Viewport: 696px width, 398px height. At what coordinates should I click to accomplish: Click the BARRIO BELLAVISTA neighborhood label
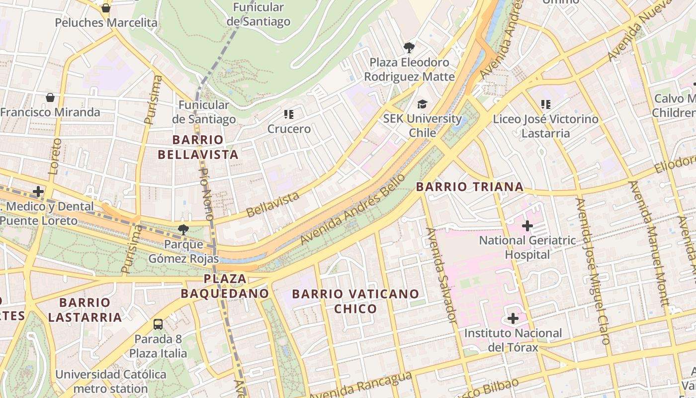pyautogui.click(x=198, y=147)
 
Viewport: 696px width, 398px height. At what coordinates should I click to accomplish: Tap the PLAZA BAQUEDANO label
pyautogui.click(x=225, y=286)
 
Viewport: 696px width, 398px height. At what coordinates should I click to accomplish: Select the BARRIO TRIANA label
pyautogui.click(x=469, y=187)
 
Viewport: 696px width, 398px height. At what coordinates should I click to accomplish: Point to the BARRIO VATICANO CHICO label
pyautogui.click(x=355, y=301)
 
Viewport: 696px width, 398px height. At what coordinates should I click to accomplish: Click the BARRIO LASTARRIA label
pyautogui.click(x=85, y=309)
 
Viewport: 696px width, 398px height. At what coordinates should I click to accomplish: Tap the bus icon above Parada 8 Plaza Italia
pyautogui.click(x=158, y=324)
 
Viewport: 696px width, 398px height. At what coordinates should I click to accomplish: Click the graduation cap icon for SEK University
pyautogui.click(x=422, y=104)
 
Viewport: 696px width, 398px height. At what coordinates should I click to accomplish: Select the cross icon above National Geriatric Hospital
pyautogui.click(x=527, y=226)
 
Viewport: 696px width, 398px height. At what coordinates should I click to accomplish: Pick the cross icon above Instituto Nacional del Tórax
pyautogui.click(x=513, y=318)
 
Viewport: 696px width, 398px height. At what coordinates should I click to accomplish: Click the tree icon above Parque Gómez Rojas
pyautogui.click(x=183, y=229)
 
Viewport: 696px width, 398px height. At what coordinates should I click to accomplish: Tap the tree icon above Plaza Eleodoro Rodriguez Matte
pyautogui.click(x=409, y=48)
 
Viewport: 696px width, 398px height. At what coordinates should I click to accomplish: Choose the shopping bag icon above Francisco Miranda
pyautogui.click(x=50, y=97)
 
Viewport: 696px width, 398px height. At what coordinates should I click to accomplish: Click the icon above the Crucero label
pyautogui.click(x=289, y=114)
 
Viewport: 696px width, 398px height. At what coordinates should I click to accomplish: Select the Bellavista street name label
pyautogui.click(x=273, y=204)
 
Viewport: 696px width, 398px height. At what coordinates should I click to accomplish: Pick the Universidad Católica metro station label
pyautogui.click(x=110, y=381)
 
